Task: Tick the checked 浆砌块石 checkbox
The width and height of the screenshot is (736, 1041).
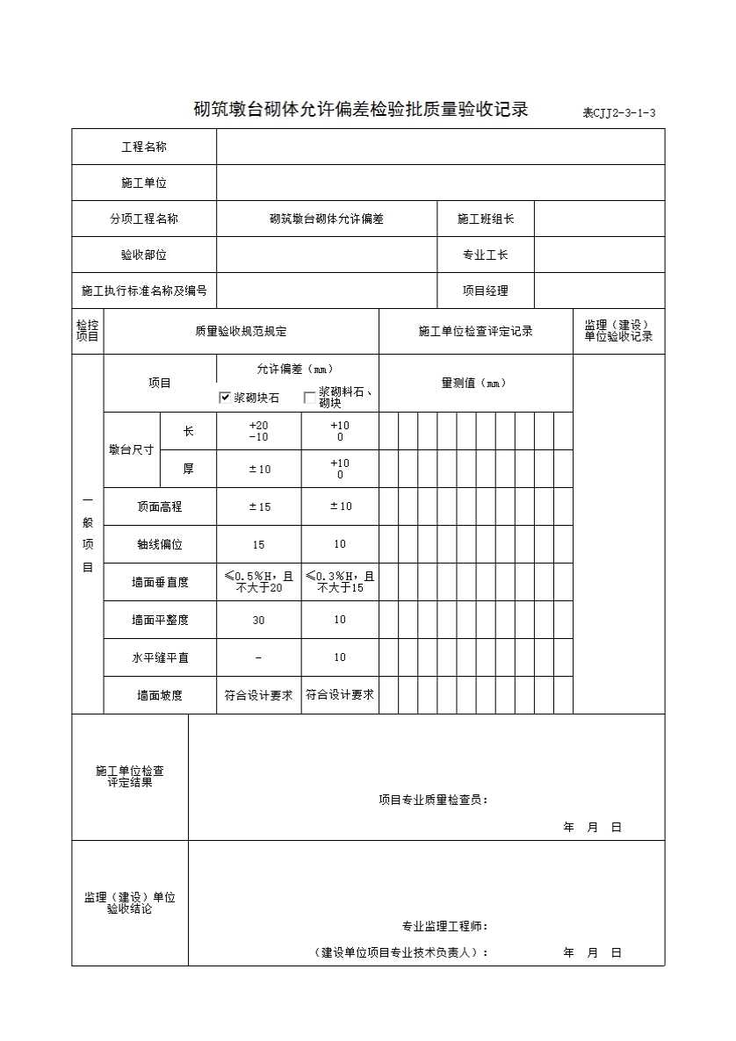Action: click(x=225, y=398)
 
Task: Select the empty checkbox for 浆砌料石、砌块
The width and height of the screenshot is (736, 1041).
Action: click(x=309, y=398)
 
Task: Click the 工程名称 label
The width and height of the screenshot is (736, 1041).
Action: click(x=143, y=147)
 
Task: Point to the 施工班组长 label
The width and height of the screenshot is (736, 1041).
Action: click(x=485, y=219)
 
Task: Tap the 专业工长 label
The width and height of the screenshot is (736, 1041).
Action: click(x=485, y=255)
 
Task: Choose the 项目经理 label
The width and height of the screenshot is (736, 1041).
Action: click(x=485, y=291)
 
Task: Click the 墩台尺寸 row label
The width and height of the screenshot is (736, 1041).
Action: click(x=131, y=449)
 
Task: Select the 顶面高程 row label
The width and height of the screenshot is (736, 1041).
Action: click(x=159, y=506)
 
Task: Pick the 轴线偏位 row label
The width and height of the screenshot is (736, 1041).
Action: click(x=159, y=544)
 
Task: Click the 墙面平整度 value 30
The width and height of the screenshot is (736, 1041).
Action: click(x=258, y=620)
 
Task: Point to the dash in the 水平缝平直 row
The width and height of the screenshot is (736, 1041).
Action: click(x=258, y=657)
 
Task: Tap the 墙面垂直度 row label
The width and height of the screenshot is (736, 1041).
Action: click(x=159, y=582)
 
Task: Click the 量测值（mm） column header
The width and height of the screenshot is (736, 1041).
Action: click(x=474, y=383)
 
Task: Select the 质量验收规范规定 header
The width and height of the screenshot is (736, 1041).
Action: click(x=241, y=332)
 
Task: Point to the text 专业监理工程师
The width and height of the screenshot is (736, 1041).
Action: click(x=444, y=926)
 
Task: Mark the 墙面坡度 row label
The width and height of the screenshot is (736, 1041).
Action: click(x=159, y=695)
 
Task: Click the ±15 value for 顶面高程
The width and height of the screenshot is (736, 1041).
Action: click(x=258, y=506)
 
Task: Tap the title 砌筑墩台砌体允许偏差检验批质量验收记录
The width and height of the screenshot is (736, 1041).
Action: click(x=361, y=110)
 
